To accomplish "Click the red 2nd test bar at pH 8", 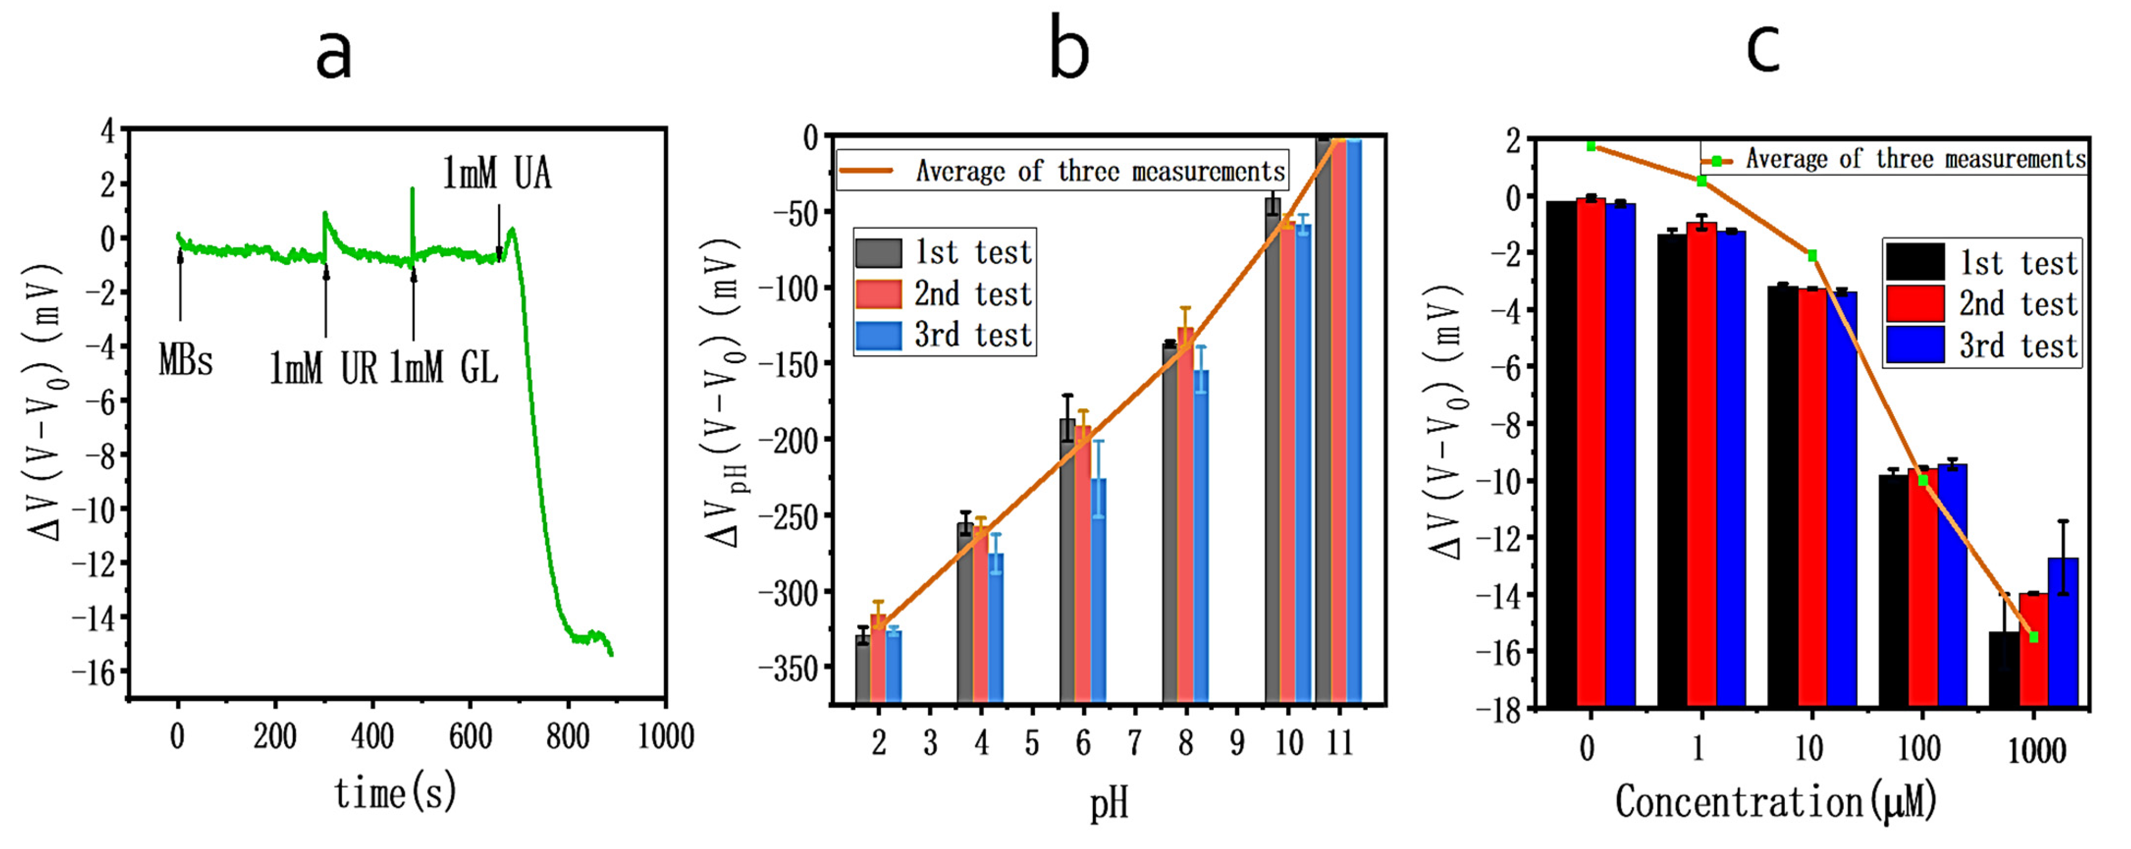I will (1185, 513).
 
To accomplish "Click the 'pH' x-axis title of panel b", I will (1109, 803).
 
